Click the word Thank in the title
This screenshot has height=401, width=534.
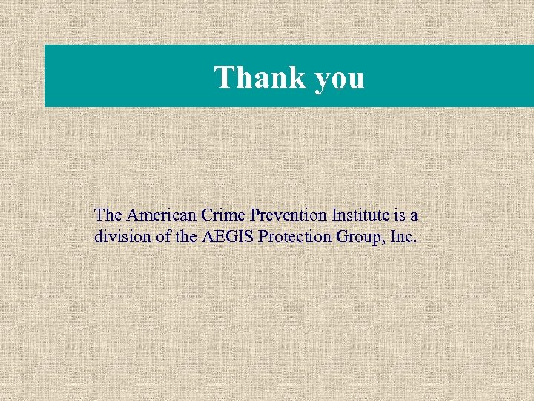(260, 77)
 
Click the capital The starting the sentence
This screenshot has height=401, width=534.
(108, 215)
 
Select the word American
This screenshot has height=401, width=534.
(162, 215)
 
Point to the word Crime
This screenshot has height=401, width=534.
(225, 215)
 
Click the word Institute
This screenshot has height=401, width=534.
(359, 215)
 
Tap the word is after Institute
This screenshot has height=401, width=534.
(399, 215)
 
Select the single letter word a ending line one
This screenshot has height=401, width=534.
(414, 216)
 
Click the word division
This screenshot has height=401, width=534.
(119, 238)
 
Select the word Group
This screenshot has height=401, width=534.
(348, 238)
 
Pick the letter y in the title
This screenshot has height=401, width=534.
(323, 80)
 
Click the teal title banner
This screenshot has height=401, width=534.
(445, 76)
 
